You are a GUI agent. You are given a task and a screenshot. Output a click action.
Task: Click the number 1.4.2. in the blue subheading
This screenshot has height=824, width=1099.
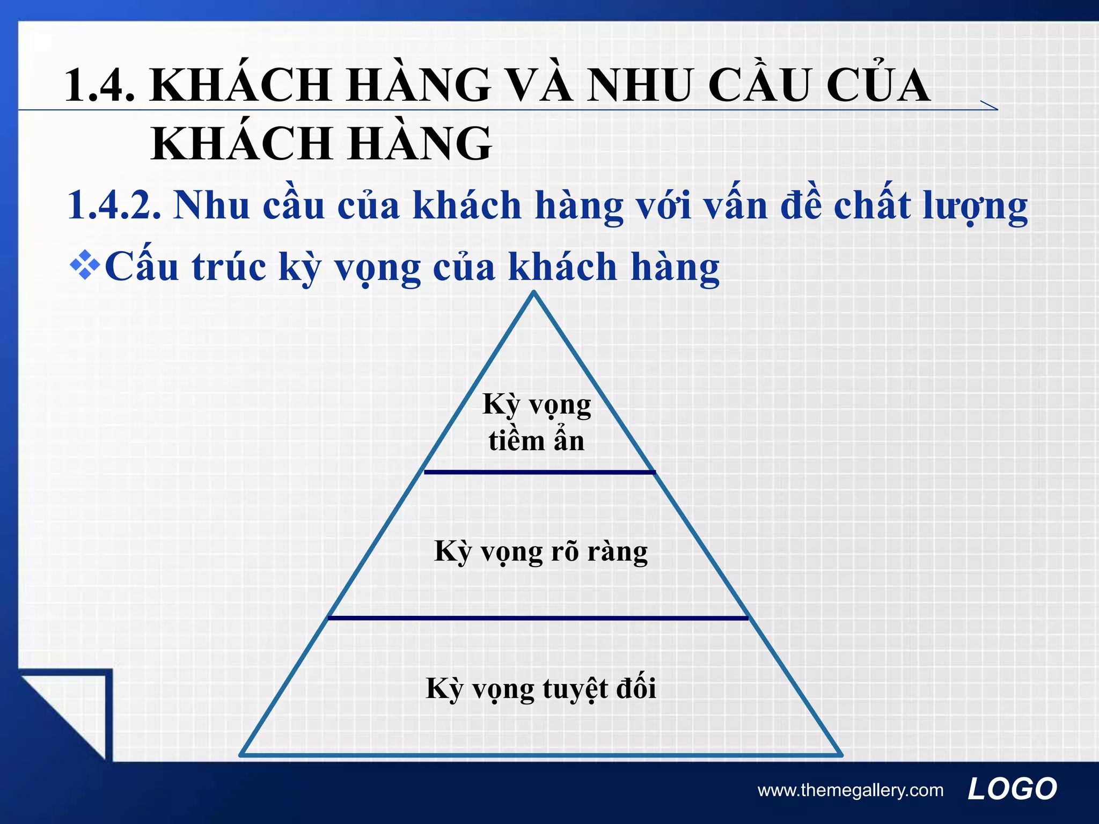click(114, 205)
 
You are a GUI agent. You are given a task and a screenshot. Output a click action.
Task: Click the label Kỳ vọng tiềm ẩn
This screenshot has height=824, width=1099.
click(537, 423)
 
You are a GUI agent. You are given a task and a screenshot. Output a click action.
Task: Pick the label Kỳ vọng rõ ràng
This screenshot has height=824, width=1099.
click(540, 551)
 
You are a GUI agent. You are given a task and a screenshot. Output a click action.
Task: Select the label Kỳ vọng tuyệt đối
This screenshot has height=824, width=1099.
click(540, 688)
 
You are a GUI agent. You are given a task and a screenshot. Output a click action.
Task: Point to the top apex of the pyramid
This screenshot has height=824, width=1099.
click(534, 293)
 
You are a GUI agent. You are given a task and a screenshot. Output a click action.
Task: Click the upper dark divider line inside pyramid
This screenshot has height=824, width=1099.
click(539, 472)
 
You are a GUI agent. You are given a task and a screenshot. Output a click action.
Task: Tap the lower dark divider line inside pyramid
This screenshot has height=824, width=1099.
click(538, 618)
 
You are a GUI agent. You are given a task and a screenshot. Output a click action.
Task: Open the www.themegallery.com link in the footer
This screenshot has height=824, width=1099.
click(850, 790)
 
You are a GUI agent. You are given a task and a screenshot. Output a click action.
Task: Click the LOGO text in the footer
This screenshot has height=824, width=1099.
click(1012, 789)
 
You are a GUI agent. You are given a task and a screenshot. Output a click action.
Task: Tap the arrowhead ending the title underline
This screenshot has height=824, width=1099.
click(991, 106)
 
